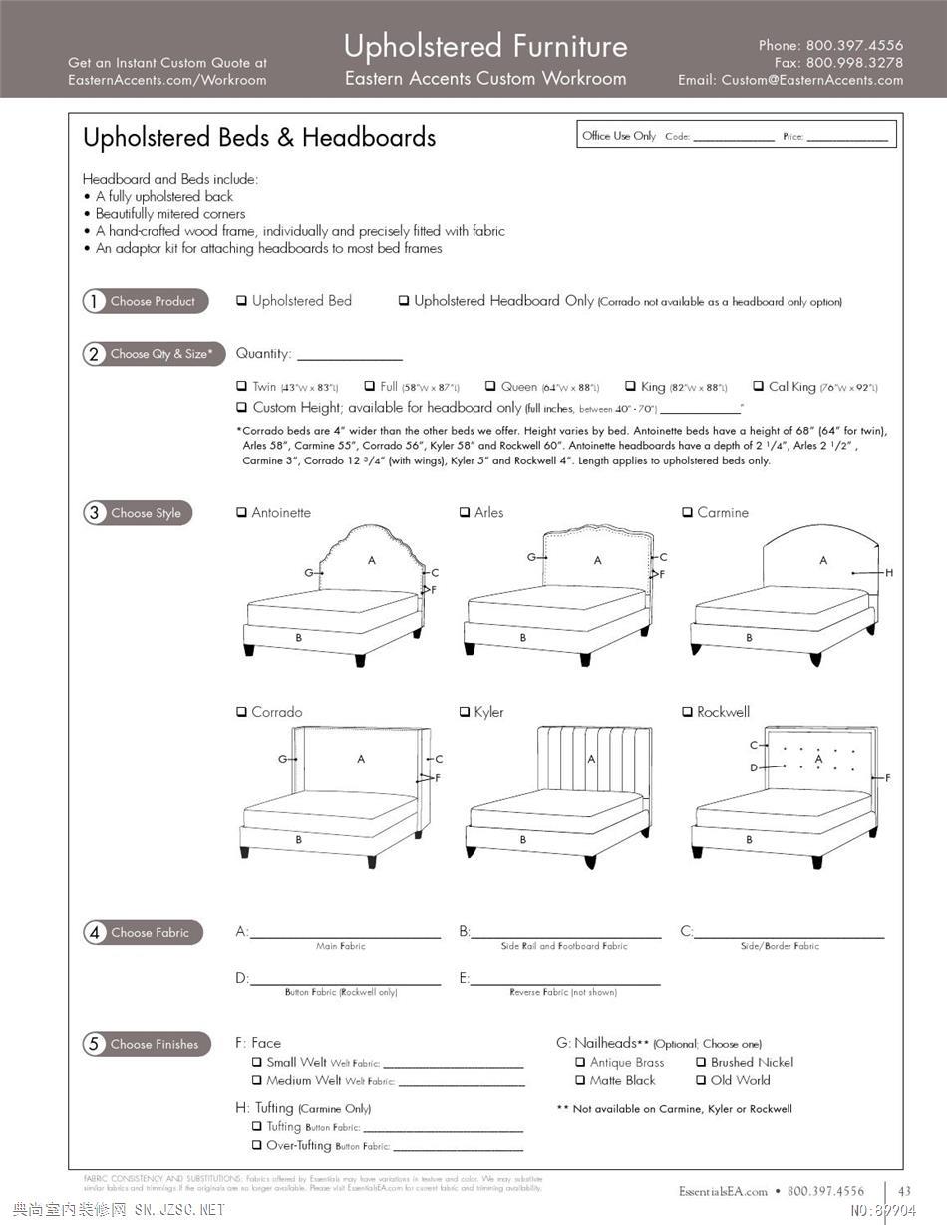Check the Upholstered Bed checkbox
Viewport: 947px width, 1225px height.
click(x=241, y=301)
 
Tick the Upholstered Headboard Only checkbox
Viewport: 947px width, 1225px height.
click(x=404, y=301)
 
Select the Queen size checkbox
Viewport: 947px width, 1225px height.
click(x=490, y=386)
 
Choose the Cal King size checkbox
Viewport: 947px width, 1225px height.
click(x=759, y=386)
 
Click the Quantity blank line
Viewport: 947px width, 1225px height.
click(x=349, y=355)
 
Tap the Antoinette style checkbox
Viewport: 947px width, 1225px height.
click(x=241, y=513)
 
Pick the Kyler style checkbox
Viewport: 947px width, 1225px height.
click(x=465, y=712)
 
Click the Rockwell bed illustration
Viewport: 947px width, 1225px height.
click(x=785, y=793)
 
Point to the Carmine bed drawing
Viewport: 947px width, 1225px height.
click(x=785, y=594)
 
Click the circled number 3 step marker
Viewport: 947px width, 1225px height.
click(x=94, y=513)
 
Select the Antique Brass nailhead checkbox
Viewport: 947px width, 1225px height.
click(x=580, y=1063)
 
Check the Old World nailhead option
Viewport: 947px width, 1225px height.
click(x=701, y=1080)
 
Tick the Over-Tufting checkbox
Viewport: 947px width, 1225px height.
click(x=257, y=1146)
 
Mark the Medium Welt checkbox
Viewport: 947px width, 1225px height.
click(x=257, y=1080)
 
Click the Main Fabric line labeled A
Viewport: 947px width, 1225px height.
click(x=345, y=933)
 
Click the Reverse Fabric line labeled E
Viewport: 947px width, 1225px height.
click(x=565, y=979)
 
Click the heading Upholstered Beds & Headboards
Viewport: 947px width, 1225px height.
click(x=259, y=138)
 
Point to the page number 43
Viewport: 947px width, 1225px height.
click(x=904, y=1191)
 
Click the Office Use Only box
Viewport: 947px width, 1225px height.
click(x=738, y=135)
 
